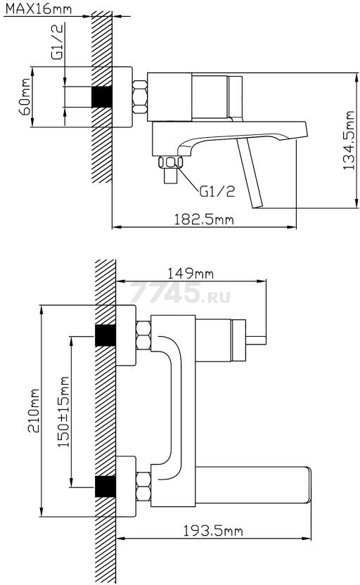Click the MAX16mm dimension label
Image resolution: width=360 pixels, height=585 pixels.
[38, 8]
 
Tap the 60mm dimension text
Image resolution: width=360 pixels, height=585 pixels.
[25, 97]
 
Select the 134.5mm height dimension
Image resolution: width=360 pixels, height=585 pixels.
[349, 141]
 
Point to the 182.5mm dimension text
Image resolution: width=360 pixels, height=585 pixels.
[204, 219]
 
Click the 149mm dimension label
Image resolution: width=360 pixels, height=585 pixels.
[191, 274]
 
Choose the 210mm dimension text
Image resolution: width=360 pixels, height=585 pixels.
[33, 411]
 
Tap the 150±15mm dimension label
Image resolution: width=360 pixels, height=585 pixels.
[63, 411]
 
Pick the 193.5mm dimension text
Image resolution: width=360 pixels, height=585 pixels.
[212, 530]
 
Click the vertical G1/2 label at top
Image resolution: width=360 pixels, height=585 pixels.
[58, 41]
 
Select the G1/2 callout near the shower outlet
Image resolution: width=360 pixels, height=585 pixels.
[217, 191]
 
